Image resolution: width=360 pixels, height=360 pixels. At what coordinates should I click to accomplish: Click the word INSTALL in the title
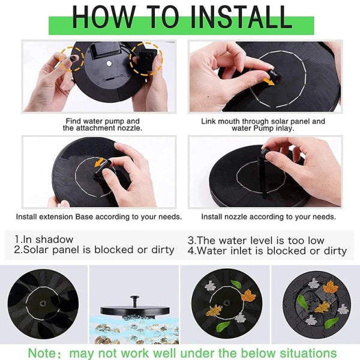click(x=241, y=17)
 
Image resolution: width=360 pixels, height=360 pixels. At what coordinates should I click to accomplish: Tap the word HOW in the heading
click(x=104, y=17)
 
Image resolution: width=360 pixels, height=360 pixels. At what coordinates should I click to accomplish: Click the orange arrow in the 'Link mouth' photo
click(x=269, y=81)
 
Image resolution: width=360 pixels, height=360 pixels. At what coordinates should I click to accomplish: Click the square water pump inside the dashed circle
click(x=148, y=59)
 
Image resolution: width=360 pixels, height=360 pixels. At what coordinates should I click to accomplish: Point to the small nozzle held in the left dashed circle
click(x=73, y=59)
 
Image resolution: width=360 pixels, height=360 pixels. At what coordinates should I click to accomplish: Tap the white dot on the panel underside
click(x=109, y=64)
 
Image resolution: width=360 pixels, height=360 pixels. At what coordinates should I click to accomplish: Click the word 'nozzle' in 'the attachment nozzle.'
click(x=130, y=128)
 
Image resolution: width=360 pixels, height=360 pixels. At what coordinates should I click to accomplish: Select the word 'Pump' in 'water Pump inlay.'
click(x=263, y=128)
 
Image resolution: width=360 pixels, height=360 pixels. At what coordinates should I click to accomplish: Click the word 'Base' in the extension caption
click(x=84, y=217)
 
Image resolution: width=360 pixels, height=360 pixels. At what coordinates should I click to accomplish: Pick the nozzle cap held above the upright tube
click(x=266, y=152)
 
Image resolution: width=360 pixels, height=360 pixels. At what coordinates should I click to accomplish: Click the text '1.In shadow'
click(x=44, y=239)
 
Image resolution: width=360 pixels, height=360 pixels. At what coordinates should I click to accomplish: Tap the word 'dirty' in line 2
click(x=163, y=250)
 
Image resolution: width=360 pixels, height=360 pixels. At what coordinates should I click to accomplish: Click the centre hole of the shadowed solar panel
click(x=43, y=304)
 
